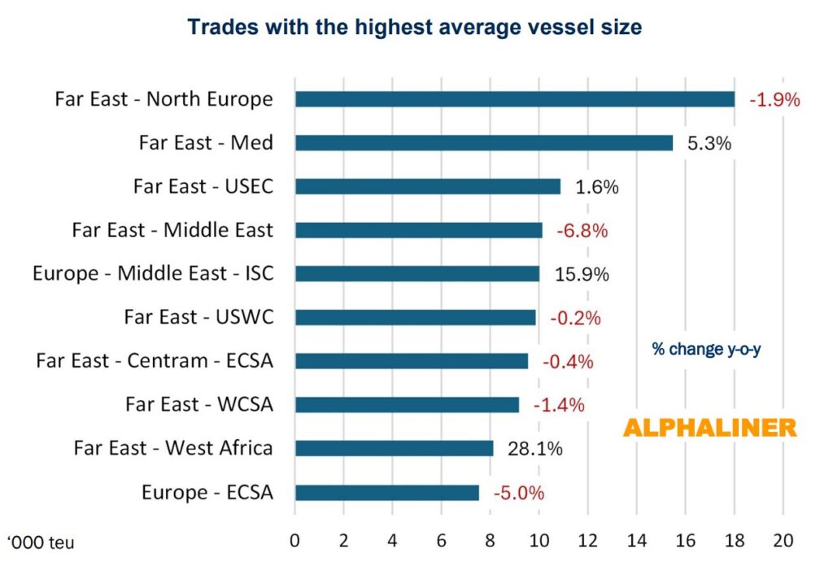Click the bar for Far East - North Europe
coord(514,99)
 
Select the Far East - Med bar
coord(483,143)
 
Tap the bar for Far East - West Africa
coord(394,448)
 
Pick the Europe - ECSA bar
coord(386,492)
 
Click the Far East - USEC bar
coord(427,186)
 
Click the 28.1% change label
coord(534,448)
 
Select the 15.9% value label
coord(581,274)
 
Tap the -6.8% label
coord(582,230)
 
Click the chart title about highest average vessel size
coord(415,27)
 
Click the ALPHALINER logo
coord(710,429)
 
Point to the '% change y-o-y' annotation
coord(706,349)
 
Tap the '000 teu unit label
coord(41,542)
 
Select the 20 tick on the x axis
coord(783,540)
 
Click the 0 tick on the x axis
coord(295,540)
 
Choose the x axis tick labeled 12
coord(587,540)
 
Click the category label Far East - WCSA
coord(198,404)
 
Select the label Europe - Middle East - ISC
coord(153,274)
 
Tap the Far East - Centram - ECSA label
coord(155,360)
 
